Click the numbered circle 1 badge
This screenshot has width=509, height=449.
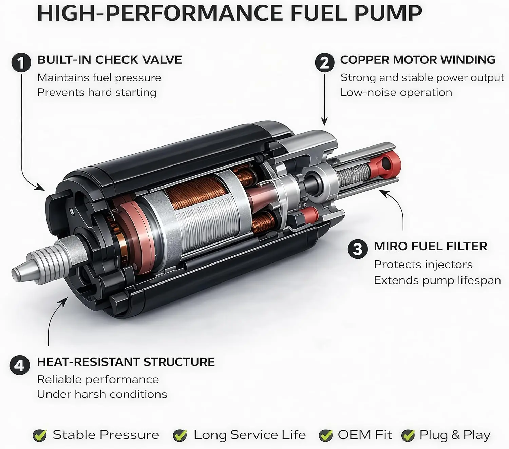[21, 62]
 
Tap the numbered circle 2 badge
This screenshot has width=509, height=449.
[325, 62]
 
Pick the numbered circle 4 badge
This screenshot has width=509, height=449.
[19, 365]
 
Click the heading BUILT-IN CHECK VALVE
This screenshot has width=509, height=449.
[110, 60]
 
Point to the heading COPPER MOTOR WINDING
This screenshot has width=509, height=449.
[418, 60]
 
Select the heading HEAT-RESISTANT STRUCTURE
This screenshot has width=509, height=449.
[126, 362]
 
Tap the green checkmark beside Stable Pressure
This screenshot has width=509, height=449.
[40, 435]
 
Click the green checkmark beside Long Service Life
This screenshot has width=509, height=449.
[180, 435]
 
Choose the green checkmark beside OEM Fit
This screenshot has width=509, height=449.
[326, 435]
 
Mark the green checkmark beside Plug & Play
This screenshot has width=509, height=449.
[408, 435]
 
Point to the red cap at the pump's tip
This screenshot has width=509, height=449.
[385, 164]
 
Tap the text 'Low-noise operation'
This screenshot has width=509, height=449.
[396, 93]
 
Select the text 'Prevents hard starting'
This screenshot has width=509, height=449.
[97, 93]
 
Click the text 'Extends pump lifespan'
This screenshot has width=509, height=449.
[437, 280]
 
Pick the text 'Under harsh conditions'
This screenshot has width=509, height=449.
[102, 394]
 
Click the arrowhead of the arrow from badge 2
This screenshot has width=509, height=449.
[325, 122]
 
